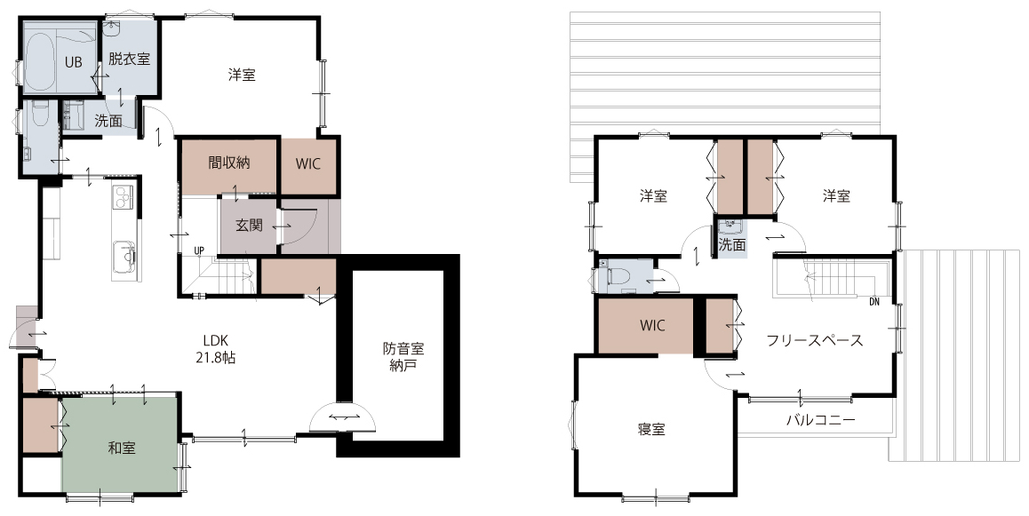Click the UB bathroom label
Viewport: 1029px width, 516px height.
click(73, 62)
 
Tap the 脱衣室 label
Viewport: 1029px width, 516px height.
click(129, 59)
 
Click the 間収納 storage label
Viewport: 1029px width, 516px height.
click(229, 163)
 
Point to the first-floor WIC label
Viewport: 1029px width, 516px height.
click(307, 163)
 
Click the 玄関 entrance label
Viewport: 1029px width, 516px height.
click(249, 226)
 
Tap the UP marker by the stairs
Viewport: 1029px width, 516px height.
click(199, 250)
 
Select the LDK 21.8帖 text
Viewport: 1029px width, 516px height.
click(215, 349)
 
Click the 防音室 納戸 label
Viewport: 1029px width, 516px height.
click(403, 357)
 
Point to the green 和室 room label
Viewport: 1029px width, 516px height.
click(122, 449)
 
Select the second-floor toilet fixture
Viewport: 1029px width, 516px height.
click(618, 275)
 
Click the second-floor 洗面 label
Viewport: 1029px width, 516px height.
click(731, 245)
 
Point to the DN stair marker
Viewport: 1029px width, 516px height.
click(873, 302)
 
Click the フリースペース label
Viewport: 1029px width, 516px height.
click(815, 340)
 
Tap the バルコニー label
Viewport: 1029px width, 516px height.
click(821, 420)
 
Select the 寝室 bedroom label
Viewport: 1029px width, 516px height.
click(651, 430)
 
